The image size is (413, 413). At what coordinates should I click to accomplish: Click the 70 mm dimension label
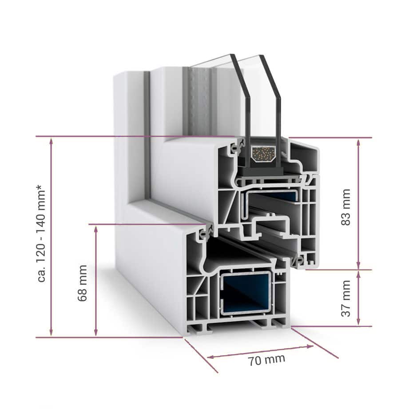click(x=266, y=360)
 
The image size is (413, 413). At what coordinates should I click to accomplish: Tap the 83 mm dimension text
click(x=346, y=207)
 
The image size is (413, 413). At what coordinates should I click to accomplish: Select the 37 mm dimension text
click(x=346, y=298)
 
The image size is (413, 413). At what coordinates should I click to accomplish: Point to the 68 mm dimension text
click(x=83, y=283)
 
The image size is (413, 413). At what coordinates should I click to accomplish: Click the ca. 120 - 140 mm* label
click(x=42, y=233)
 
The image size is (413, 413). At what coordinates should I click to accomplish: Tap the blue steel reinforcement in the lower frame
click(x=246, y=293)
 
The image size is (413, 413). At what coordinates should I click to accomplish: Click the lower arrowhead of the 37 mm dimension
click(x=358, y=322)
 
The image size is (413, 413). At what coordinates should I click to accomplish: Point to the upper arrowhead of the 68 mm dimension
click(x=96, y=230)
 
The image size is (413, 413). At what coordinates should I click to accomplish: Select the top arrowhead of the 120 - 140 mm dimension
click(x=51, y=141)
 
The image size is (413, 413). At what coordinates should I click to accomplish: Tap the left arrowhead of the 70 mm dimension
click(x=210, y=357)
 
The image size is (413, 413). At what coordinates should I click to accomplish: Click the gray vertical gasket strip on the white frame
click(x=147, y=135)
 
